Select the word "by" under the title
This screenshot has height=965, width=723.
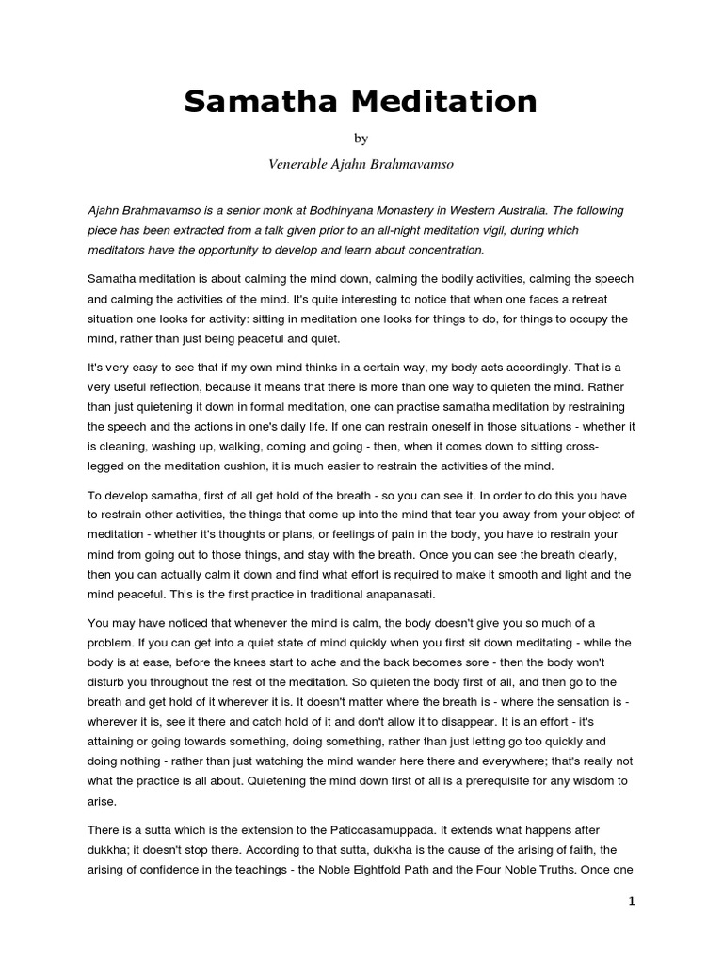pyautogui.click(x=361, y=139)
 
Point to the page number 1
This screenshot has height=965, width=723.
pyautogui.click(x=632, y=901)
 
